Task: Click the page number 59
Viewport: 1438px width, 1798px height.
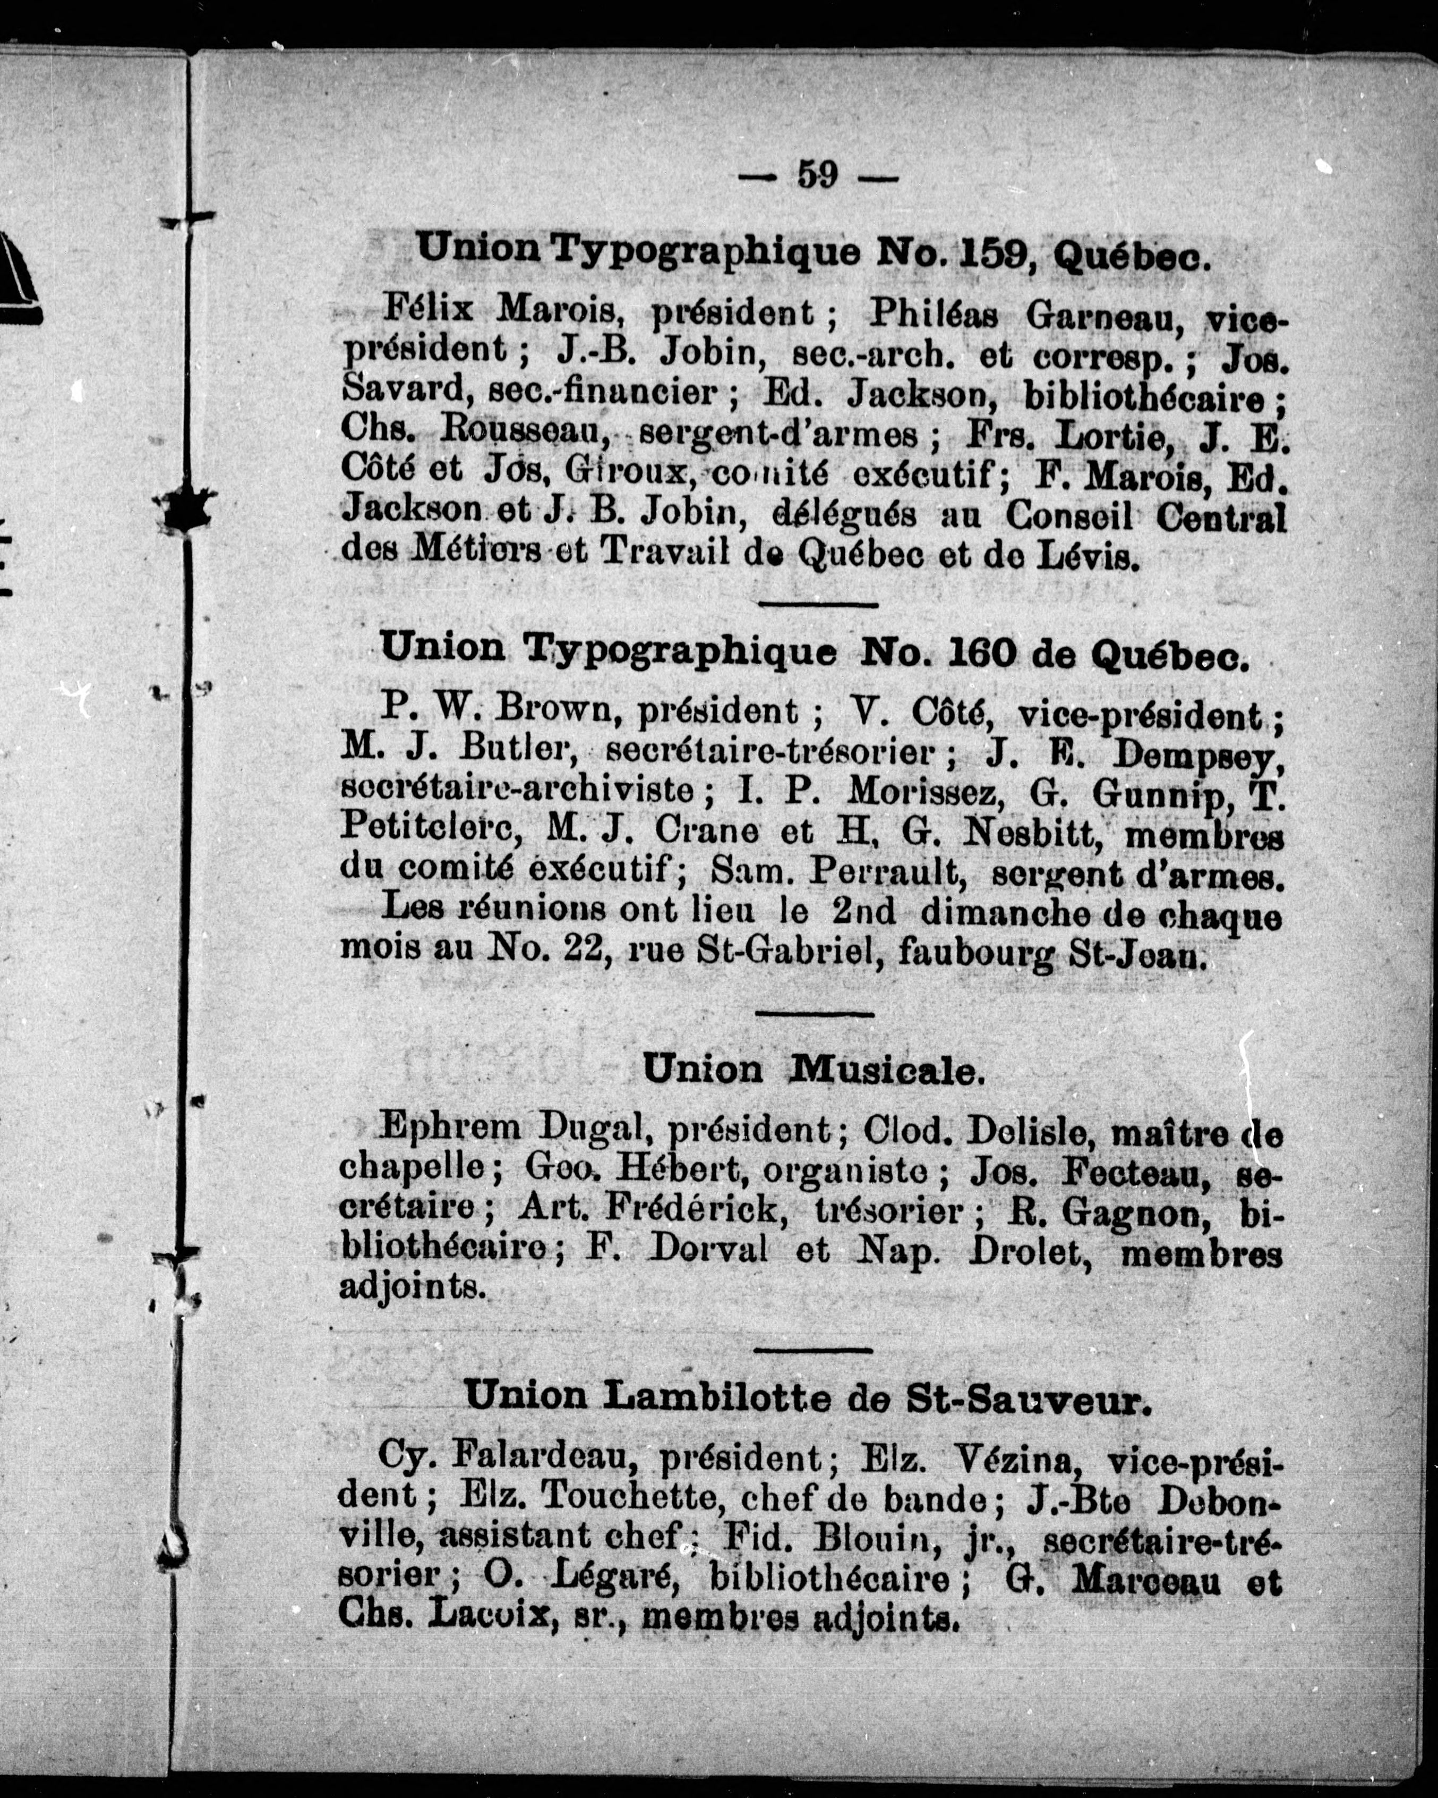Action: [817, 175]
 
